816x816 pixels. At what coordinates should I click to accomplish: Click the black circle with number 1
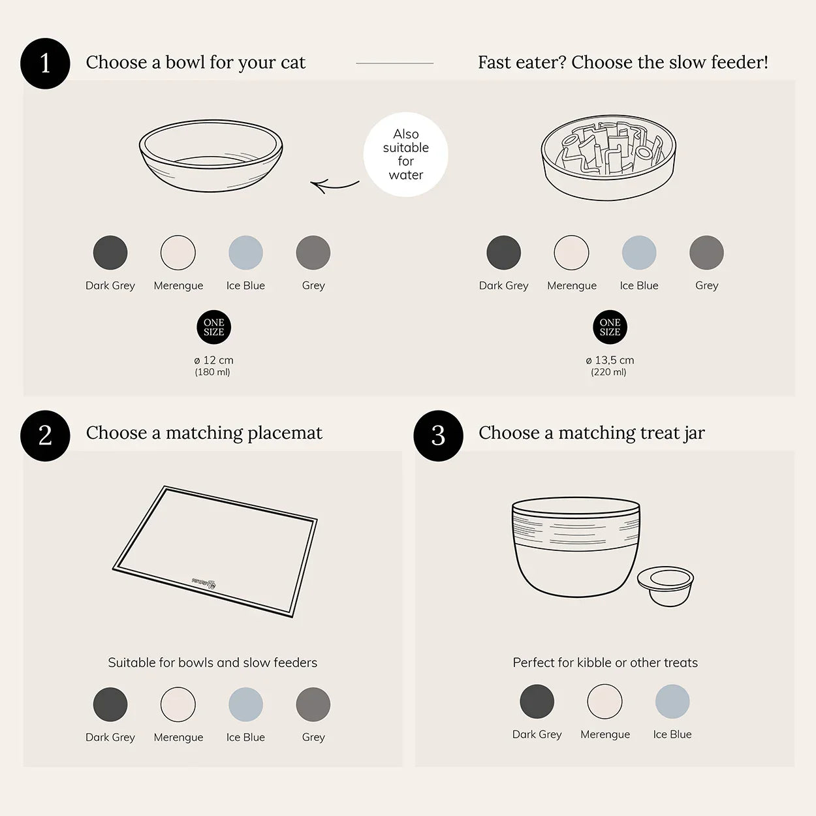[x=45, y=63]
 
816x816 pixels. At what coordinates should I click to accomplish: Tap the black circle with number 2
[x=45, y=435]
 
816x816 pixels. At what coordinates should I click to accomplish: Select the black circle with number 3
[x=438, y=435]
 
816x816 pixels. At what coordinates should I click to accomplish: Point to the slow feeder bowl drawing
[x=608, y=157]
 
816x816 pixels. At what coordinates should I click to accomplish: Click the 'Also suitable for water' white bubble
[x=405, y=155]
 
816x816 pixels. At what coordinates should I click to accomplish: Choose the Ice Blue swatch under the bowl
[x=245, y=253]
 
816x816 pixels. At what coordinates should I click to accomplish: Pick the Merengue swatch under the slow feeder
[x=571, y=253]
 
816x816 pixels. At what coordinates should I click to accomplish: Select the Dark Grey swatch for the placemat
[x=110, y=704]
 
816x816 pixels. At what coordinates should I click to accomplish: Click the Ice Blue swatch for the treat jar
[x=672, y=702]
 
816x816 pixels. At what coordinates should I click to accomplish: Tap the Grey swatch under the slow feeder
[x=706, y=253]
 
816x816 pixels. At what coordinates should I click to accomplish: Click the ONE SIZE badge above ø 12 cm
[x=213, y=327]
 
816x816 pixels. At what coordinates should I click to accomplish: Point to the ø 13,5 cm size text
[x=610, y=360]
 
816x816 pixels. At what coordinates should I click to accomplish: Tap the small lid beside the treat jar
[x=665, y=585]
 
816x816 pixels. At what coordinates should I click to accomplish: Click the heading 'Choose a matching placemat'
[x=204, y=433]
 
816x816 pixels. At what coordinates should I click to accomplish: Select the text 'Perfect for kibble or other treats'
[x=605, y=663]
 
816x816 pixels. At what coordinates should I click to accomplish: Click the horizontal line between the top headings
[x=394, y=63]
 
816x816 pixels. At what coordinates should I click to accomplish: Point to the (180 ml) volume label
[x=212, y=372]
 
